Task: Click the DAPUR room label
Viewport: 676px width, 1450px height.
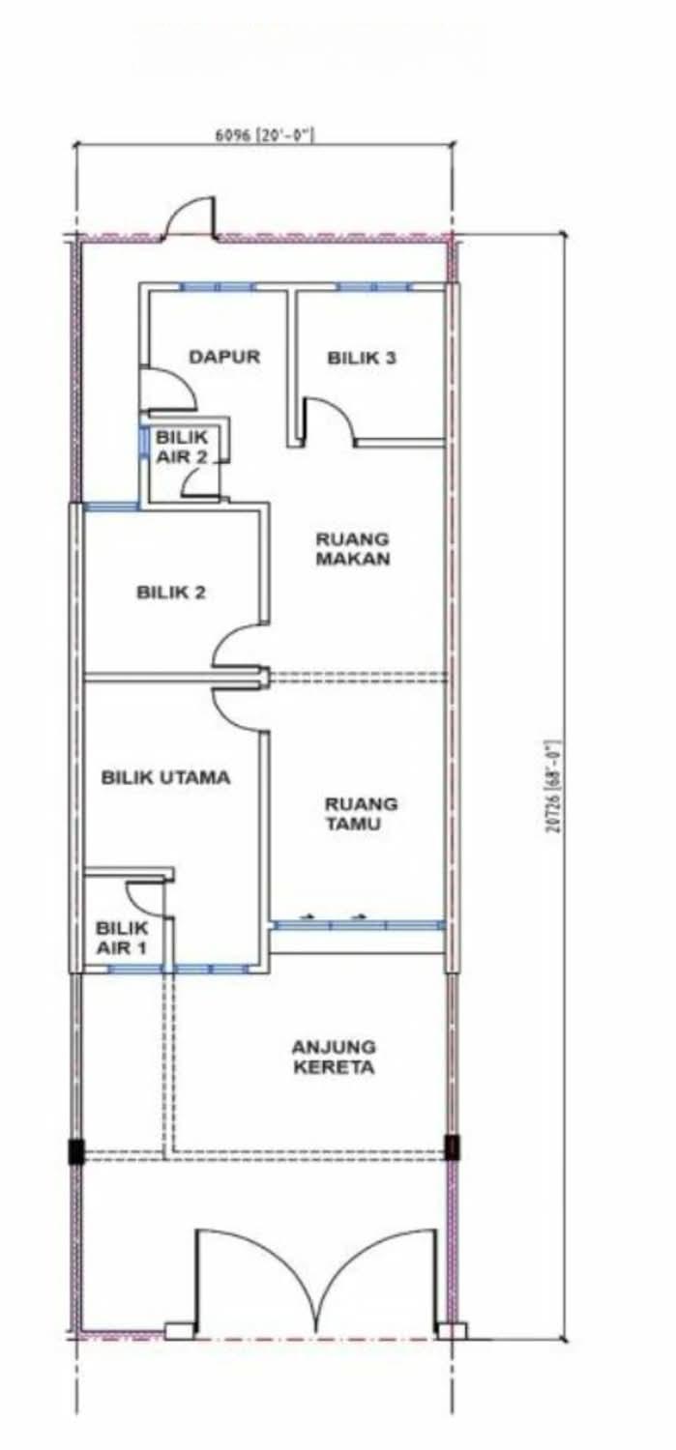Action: tap(224, 357)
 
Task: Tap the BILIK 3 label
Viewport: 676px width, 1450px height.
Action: tap(362, 358)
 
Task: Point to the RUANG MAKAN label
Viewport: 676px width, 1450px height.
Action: tap(352, 548)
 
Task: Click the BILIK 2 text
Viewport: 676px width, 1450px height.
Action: tap(171, 593)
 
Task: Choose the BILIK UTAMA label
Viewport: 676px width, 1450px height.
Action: tap(165, 777)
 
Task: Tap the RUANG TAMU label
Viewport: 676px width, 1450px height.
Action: tap(361, 814)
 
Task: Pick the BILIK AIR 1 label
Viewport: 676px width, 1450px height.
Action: tap(122, 938)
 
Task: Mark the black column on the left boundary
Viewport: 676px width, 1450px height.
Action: tap(76, 1150)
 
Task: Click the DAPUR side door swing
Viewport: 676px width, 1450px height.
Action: tap(168, 390)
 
